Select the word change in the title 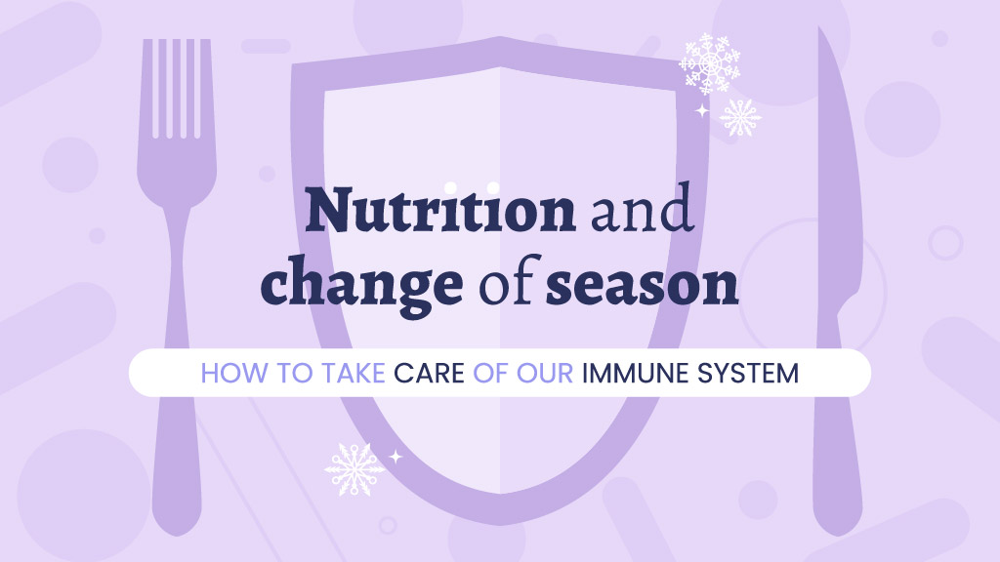click(361, 285)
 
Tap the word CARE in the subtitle click(430, 374)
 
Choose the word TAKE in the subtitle click(354, 374)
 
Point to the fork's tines click(177, 88)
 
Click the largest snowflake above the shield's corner click(709, 63)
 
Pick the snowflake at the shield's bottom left click(354, 469)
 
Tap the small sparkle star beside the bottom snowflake click(396, 457)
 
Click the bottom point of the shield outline click(501, 524)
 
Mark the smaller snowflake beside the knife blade click(740, 117)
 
